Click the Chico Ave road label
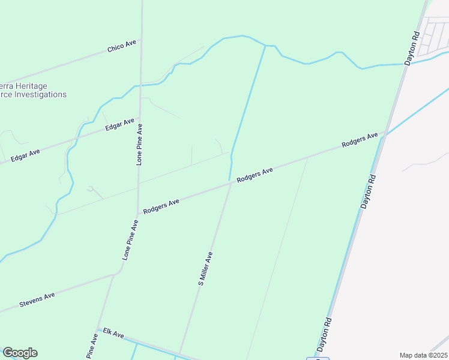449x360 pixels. (x=122, y=47)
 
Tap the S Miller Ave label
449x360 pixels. (x=206, y=268)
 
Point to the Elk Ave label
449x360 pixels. (x=113, y=332)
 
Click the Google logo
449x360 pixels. (x=20, y=353)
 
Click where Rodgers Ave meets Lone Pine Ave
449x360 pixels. (x=138, y=212)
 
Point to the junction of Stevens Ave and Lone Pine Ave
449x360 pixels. (x=113, y=275)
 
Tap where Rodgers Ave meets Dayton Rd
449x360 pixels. (x=382, y=133)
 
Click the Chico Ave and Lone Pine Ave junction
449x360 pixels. (x=140, y=41)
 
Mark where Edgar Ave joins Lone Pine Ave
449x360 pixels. (x=140, y=118)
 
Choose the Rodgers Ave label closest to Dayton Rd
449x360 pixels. (x=360, y=140)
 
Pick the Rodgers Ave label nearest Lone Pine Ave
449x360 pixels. (x=161, y=205)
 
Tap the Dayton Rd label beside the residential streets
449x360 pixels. (x=411, y=48)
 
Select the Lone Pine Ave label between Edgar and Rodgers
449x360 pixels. (x=139, y=145)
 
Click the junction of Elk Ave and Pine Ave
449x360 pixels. (x=97, y=329)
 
